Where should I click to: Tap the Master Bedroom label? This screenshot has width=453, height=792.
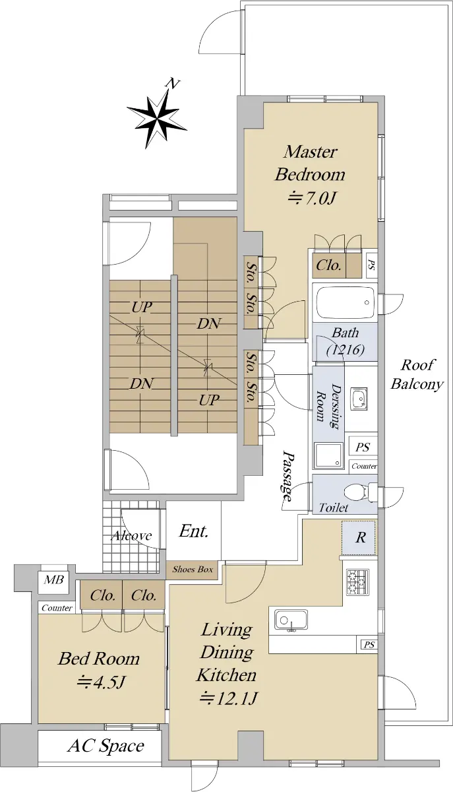pos(310,163)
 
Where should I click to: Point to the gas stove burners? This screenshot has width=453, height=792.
pos(357,581)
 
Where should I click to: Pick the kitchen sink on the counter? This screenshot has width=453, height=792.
pos(291,620)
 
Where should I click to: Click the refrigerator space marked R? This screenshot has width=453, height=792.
pos(360,537)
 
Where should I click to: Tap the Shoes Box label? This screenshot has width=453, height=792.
pos(193,569)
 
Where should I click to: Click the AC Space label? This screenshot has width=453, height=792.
pos(106,746)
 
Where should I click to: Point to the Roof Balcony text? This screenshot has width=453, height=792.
pos(417,374)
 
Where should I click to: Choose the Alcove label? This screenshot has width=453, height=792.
pos(131,535)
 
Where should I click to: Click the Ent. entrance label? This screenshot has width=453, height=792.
pos(194,531)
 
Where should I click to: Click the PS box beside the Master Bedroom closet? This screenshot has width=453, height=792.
pos(371,266)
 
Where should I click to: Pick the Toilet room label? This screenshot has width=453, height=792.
pos(334,508)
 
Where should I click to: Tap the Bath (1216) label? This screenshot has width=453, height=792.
pos(344,342)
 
